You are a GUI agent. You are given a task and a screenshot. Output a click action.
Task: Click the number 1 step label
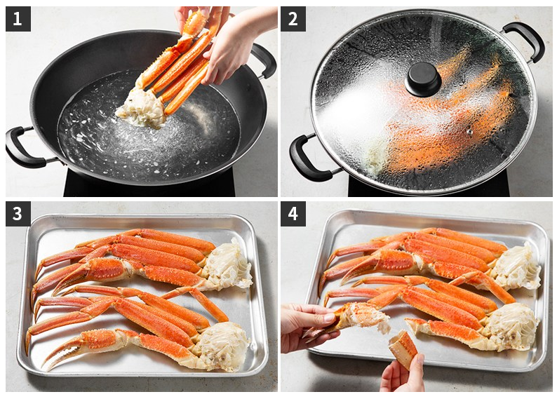click(x=18, y=19)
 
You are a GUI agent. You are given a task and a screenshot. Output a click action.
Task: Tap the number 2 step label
click(x=293, y=19)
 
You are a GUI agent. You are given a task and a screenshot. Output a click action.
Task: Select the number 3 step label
click(x=18, y=214)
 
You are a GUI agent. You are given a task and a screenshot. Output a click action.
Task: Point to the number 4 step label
click(x=293, y=214)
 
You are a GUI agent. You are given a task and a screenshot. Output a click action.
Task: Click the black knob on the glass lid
click(x=423, y=79)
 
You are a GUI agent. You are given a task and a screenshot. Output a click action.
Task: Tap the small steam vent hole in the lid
click(x=469, y=132)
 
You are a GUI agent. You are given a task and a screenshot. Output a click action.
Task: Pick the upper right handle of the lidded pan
click(x=524, y=40)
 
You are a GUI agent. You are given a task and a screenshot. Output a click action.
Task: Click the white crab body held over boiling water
click(x=143, y=108)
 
